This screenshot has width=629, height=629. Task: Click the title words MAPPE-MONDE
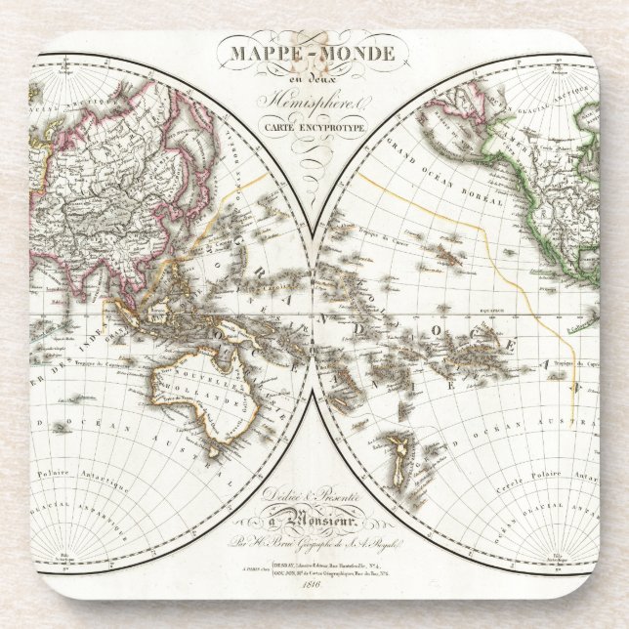click(x=314, y=52)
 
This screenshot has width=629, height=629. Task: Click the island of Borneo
click(x=181, y=298)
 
